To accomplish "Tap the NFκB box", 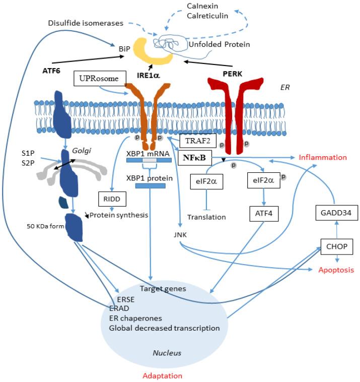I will [x=194, y=158].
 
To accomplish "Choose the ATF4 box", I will [x=263, y=214].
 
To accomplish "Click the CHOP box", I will [x=335, y=247].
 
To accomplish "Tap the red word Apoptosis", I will [x=336, y=270].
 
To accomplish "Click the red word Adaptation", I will [x=163, y=375].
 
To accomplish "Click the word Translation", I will [x=206, y=217].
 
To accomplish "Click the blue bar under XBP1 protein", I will [x=150, y=186].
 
